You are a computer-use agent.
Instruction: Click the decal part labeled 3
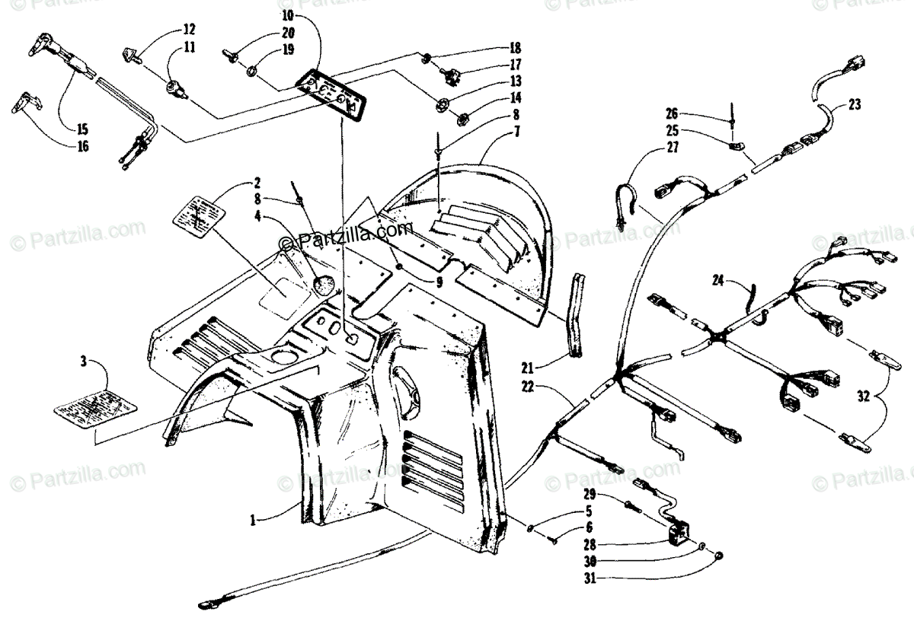(x=94, y=406)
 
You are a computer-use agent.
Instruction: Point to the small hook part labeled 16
(x=30, y=103)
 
